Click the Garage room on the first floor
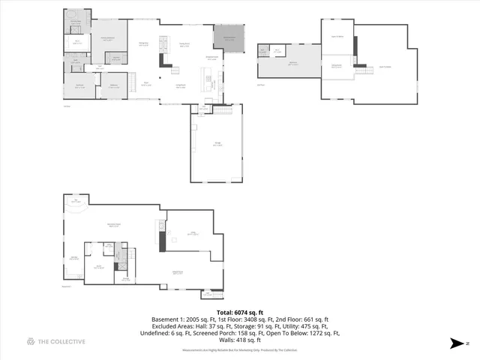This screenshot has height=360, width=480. coord(217,145)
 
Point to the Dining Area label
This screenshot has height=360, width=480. coord(143,45)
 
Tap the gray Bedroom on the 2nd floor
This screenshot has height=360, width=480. coord(289,65)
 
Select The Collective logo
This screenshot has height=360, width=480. coord(56,342)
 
